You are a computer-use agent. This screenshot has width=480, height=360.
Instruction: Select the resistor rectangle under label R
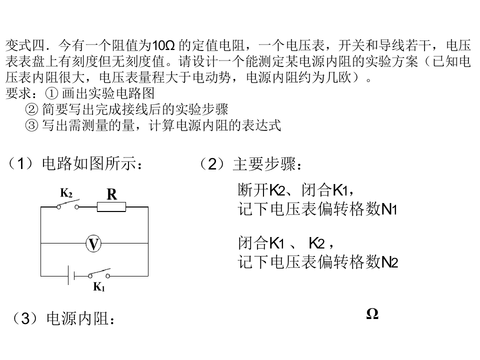tap(111, 206)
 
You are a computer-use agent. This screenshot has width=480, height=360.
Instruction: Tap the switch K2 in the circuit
tap(68, 205)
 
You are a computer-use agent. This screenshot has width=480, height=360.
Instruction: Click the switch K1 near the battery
tap(99, 274)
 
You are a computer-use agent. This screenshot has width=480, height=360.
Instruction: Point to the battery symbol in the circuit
tap(71, 275)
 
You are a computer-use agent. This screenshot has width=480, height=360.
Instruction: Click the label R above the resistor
tap(111, 194)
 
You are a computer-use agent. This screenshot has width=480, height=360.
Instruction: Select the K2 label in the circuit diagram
tap(66, 193)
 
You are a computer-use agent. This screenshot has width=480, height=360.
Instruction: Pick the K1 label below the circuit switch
tap(99, 287)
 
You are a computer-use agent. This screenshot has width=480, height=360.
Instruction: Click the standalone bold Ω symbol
tap(372, 314)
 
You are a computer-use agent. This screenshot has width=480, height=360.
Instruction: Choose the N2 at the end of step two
tap(390, 262)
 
